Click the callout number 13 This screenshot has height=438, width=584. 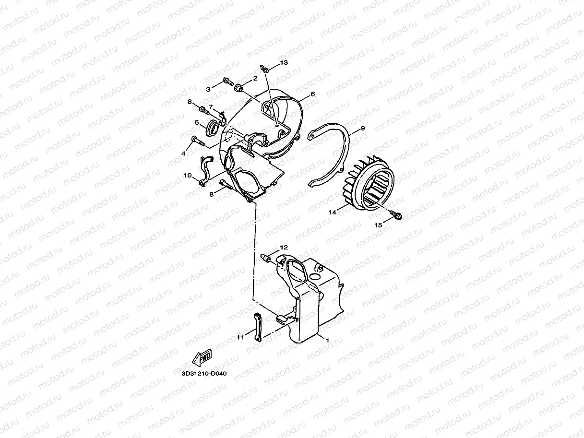[284, 63]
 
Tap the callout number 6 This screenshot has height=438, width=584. [312, 95]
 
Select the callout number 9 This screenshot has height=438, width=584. [363, 128]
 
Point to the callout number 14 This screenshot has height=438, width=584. [331, 211]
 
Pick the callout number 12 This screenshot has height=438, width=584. [284, 247]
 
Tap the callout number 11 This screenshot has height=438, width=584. [240, 337]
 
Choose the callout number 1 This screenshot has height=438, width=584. [327, 340]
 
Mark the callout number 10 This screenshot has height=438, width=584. [188, 176]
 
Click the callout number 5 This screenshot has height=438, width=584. [197, 122]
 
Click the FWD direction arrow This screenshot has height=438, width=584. [202, 357]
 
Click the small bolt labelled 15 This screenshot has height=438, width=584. [397, 216]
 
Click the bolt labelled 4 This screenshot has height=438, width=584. [198, 141]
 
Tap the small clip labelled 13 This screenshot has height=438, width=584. [264, 67]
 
